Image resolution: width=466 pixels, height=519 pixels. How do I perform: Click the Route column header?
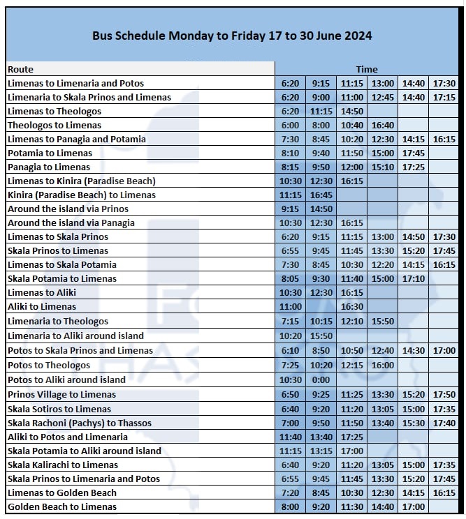pyautogui.click(x=21, y=69)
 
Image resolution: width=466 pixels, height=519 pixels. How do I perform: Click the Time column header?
pyautogui.click(x=367, y=69)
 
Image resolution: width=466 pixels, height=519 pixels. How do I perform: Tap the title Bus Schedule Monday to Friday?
pyautogui.click(x=232, y=36)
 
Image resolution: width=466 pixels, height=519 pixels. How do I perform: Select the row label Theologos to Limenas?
pyautogui.click(x=54, y=125)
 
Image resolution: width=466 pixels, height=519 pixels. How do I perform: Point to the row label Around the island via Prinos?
pyautogui.click(x=68, y=209)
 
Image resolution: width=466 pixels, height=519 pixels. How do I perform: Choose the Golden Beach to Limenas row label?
pyautogui.click(x=62, y=506)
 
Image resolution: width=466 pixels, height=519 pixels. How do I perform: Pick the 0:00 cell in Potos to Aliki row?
pyautogui.click(x=321, y=379)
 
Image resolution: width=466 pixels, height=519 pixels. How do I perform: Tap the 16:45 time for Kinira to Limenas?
pyautogui.click(x=321, y=195)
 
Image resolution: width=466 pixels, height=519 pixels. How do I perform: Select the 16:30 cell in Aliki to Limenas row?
pyautogui.click(x=352, y=306)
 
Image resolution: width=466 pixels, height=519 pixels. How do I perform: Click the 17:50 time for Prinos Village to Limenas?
pyautogui.click(x=444, y=394)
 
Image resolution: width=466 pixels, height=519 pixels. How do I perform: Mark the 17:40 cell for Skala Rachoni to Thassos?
pyautogui.click(x=444, y=423)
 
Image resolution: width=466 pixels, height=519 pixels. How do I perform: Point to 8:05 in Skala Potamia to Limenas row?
pyautogui.click(x=290, y=278)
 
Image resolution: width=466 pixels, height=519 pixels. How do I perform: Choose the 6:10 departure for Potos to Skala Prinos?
pyautogui.click(x=290, y=350)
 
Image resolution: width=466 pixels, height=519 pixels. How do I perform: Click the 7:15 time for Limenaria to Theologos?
pyautogui.click(x=290, y=321)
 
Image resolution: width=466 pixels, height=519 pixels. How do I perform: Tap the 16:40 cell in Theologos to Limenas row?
pyautogui.click(x=383, y=125)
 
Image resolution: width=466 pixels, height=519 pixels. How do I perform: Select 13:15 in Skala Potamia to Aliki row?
pyautogui.click(x=321, y=451)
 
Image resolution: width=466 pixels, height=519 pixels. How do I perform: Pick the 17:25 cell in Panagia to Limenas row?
pyautogui.click(x=414, y=167)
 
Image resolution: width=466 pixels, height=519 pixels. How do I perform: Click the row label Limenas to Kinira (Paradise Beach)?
pyautogui.click(x=82, y=181)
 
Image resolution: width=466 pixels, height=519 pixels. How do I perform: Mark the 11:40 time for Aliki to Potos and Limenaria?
pyautogui.click(x=290, y=437)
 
